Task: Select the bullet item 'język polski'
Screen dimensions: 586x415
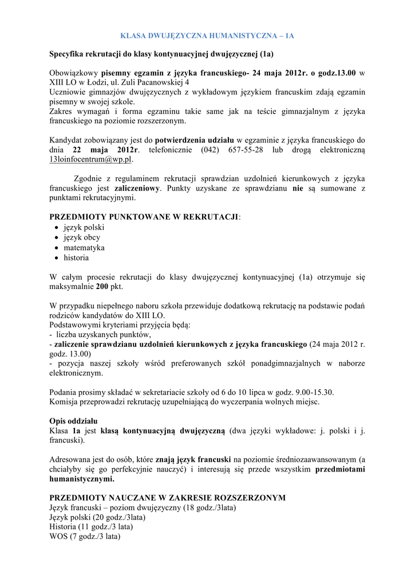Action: tap(84, 227)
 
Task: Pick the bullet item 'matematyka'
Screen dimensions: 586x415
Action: tap(84, 248)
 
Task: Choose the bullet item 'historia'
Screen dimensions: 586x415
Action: tap(76, 258)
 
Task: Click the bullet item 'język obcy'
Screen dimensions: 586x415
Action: tap(82, 237)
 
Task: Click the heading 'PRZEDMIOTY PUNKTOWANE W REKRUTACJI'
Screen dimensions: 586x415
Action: tap(144, 217)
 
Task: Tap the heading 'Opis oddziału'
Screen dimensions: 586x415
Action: tap(73, 421)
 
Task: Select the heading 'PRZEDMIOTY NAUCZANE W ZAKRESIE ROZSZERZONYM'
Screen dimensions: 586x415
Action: tap(167, 498)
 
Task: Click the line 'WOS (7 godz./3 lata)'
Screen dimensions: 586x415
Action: tap(85, 537)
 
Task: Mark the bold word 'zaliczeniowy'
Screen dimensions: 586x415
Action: tap(137, 188)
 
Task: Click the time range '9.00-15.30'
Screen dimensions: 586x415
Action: tap(314, 392)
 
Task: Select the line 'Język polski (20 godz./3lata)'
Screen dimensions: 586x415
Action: tap(97, 517)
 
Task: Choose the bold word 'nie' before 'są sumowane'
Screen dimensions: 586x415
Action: tap(298, 188)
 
